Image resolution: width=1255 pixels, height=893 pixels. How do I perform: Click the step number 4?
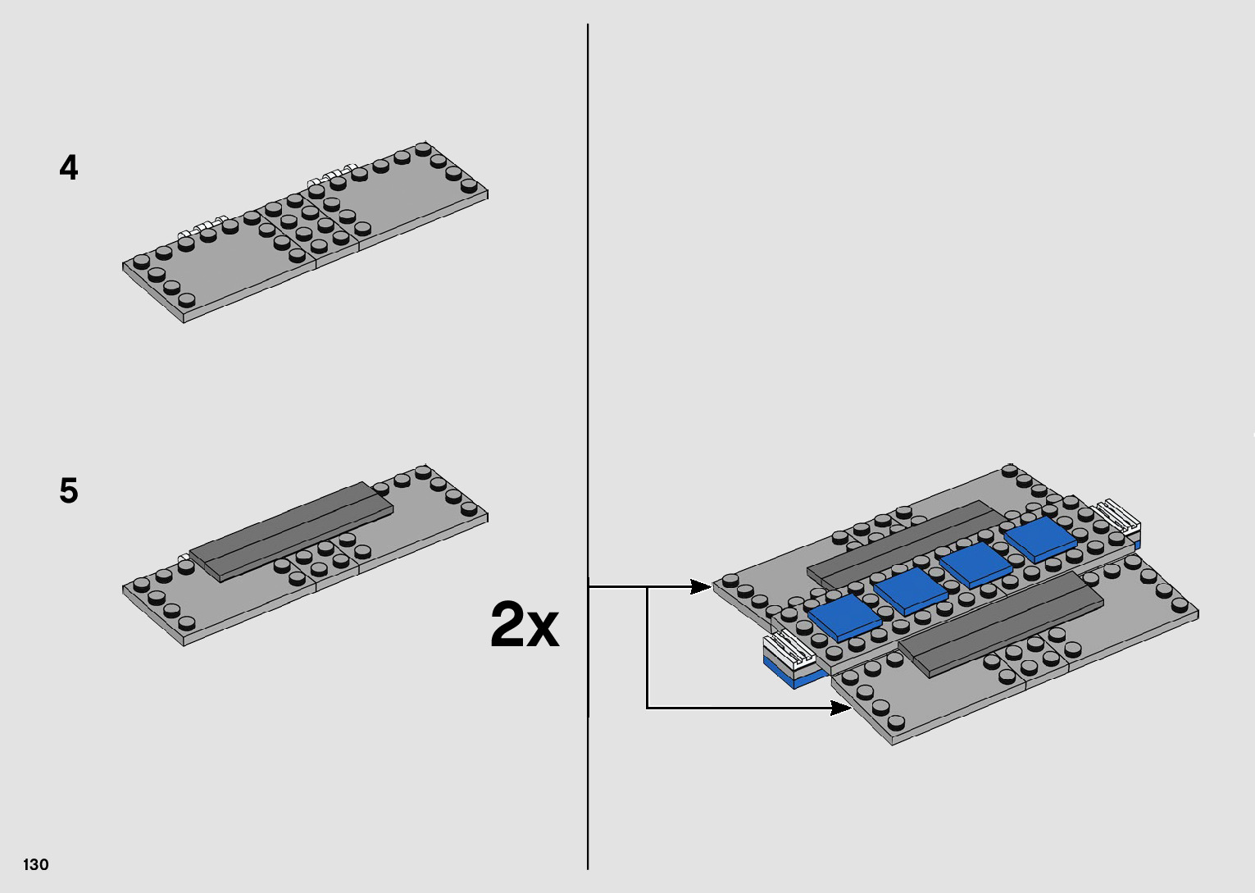click(x=69, y=168)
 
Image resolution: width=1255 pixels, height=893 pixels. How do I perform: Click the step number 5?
click(x=69, y=491)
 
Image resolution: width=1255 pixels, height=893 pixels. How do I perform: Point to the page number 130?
click(x=36, y=864)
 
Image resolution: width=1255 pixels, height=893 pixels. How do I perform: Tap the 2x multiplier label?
click(x=525, y=625)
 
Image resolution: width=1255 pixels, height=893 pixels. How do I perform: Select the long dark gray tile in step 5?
click(x=292, y=531)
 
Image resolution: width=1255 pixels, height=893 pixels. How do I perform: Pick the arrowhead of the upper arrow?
click(x=701, y=586)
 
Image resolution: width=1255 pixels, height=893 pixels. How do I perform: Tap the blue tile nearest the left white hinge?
click(x=843, y=616)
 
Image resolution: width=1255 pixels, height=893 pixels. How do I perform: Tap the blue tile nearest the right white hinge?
click(x=1039, y=539)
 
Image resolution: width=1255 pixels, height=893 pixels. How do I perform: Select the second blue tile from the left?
click(x=909, y=590)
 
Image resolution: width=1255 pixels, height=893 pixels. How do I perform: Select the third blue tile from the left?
click(x=975, y=564)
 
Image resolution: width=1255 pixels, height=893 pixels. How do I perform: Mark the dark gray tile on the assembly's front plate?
click(x=1001, y=623)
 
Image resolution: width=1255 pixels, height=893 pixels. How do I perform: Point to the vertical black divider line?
click(x=588, y=328)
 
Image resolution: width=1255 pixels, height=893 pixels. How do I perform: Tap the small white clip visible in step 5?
click(x=184, y=559)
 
